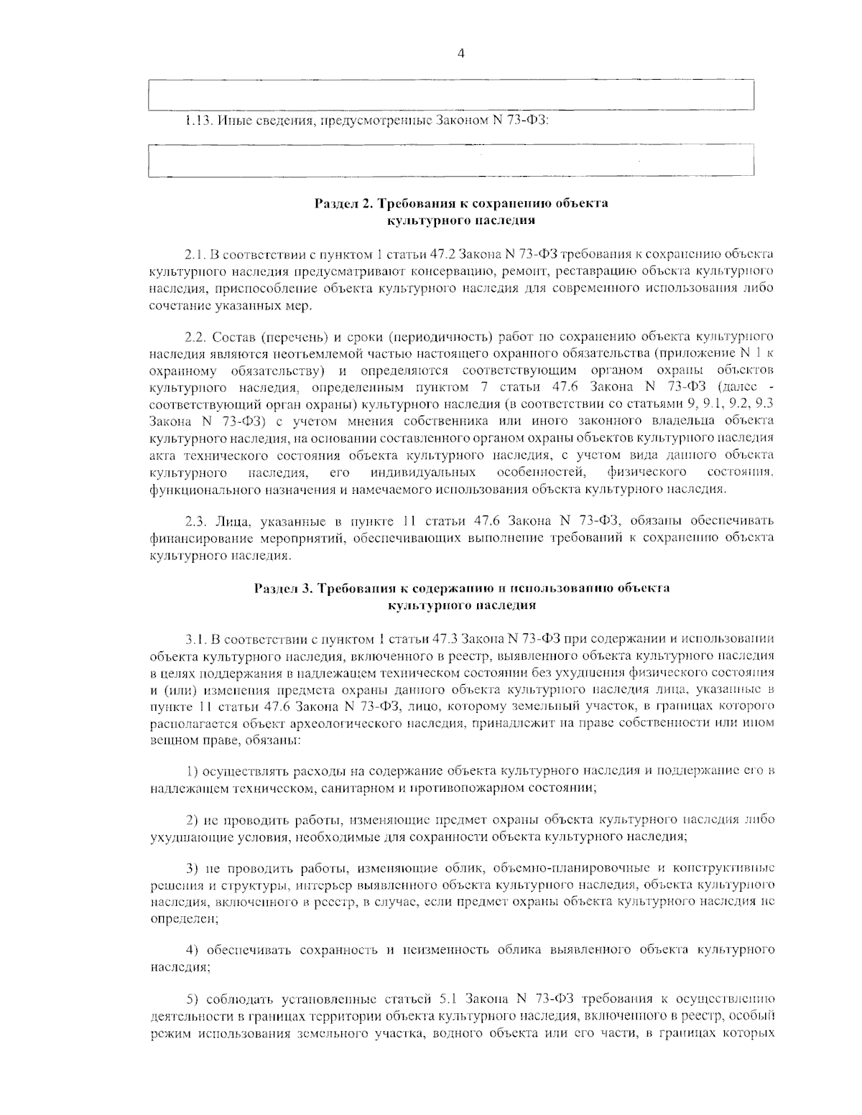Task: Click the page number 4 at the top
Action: click(x=460, y=53)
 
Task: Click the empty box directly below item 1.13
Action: click(x=450, y=160)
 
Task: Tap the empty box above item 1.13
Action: click(x=450, y=95)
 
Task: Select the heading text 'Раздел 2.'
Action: click(x=342, y=203)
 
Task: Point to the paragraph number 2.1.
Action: click(x=195, y=255)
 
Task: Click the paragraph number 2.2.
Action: click(x=195, y=336)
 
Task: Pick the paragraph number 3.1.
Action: click(x=195, y=638)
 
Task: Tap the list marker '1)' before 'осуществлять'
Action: click(x=192, y=771)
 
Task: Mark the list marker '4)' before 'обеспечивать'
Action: click(x=192, y=950)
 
